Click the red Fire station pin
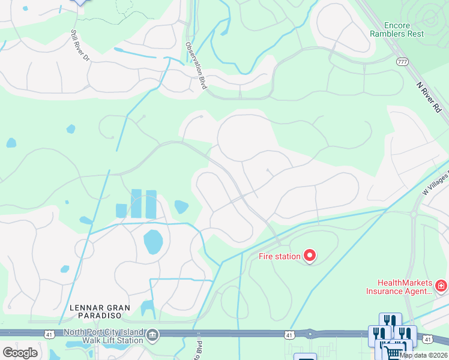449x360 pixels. point(310,256)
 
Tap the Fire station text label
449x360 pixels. point(279,256)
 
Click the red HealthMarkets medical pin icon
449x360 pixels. point(442,286)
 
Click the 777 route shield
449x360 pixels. point(403,62)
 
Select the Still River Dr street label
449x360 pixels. point(79,46)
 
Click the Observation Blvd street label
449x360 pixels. point(196,65)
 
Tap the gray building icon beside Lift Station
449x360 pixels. point(152,334)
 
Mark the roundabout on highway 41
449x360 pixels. point(310,334)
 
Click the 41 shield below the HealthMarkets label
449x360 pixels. point(427,340)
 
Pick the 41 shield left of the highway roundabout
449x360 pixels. point(290,334)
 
